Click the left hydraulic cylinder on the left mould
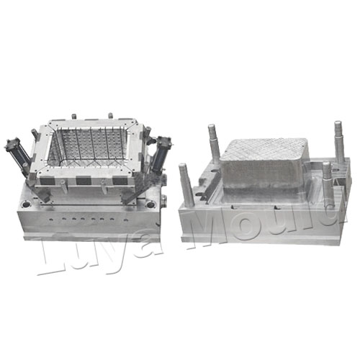tap(17, 153)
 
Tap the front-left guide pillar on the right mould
tap(187, 184)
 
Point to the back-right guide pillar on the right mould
tap(340, 142)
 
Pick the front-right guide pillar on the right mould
tap(328, 184)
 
